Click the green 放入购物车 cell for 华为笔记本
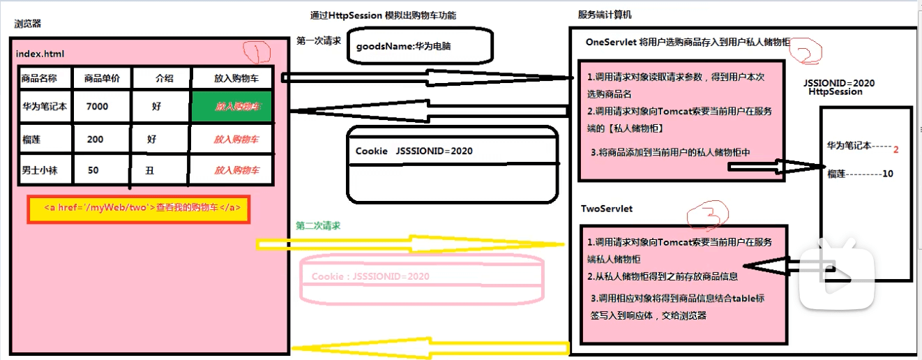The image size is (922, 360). tap(237, 107)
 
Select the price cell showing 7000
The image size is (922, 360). tap(98, 107)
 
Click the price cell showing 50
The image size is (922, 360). tap(93, 170)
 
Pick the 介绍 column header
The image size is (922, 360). tap(163, 78)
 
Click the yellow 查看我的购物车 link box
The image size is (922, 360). tap(138, 209)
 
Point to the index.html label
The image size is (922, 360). tap(40, 54)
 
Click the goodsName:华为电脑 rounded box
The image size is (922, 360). tap(419, 47)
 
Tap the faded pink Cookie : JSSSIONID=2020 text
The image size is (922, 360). tap(370, 276)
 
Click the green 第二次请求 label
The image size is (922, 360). tap(318, 226)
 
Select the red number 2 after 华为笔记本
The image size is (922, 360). tap(895, 149)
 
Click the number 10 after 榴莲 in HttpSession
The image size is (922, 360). tap(887, 174)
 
